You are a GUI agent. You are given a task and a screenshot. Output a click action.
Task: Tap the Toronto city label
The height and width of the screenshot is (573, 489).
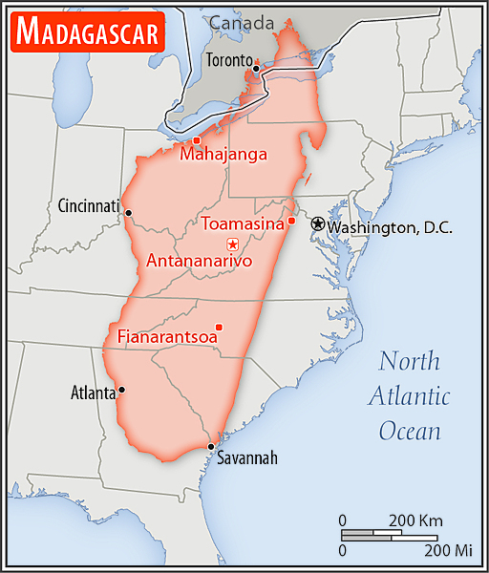click(x=229, y=59)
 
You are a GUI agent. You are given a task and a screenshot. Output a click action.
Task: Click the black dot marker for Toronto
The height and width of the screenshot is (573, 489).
click(x=256, y=68)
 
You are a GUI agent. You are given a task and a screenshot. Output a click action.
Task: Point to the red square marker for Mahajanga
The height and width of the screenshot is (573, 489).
click(x=197, y=140)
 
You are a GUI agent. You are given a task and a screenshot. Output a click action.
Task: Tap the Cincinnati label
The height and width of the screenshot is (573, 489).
click(x=89, y=205)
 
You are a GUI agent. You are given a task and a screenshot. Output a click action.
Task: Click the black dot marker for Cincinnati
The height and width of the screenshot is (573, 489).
click(x=128, y=213)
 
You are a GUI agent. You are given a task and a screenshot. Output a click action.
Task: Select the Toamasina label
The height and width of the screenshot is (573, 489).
click(x=242, y=223)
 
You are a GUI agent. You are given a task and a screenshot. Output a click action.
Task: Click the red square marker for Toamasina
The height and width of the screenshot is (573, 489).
click(x=291, y=222)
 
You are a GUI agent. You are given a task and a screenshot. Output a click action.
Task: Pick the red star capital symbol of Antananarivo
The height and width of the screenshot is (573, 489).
click(x=232, y=245)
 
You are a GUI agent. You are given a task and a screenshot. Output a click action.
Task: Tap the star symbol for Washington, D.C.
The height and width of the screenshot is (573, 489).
click(x=317, y=223)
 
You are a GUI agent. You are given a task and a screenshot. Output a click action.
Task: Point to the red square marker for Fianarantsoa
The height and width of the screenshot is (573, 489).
click(x=219, y=327)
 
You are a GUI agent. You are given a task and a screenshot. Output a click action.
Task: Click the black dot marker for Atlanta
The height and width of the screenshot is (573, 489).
click(x=121, y=390)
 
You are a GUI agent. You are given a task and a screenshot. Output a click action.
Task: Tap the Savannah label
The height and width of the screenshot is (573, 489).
click(x=246, y=458)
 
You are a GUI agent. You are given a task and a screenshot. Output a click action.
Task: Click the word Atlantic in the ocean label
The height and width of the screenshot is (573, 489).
click(x=411, y=395)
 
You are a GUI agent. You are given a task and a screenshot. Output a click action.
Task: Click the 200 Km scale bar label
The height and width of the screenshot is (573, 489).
click(x=416, y=520)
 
